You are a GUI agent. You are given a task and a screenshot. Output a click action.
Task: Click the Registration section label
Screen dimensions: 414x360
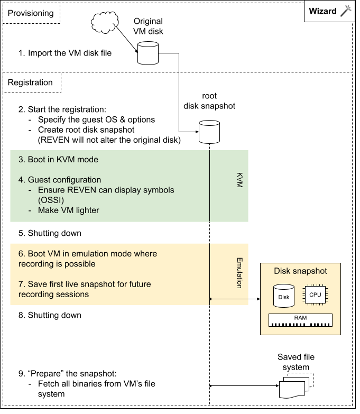pyautogui.click(x=30, y=82)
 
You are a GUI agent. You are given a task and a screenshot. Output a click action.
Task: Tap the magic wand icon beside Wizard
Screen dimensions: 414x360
pyautogui.click(x=346, y=11)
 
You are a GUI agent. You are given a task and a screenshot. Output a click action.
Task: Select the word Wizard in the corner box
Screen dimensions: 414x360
pyautogui.click(x=322, y=11)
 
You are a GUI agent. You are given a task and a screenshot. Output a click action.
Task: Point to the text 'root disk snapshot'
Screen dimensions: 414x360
pyautogui.click(x=209, y=101)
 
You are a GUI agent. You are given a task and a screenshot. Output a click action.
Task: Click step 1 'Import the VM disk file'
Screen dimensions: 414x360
pyautogui.click(x=64, y=53)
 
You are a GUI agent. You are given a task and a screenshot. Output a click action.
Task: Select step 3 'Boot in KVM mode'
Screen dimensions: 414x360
pyautogui.click(x=58, y=159)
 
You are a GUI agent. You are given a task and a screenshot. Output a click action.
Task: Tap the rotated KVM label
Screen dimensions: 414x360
pyautogui.click(x=239, y=180)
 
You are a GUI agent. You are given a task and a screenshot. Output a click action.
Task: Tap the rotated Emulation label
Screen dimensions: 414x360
pyautogui.click(x=239, y=273)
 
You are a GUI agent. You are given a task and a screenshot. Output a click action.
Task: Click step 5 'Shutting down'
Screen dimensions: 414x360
pyautogui.click(x=50, y=233)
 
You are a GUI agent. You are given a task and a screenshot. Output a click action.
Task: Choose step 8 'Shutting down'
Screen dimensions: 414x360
pyautogui.click(x=50, y=315)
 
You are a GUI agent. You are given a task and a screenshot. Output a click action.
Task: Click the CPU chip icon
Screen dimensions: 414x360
pyautogui.click(x=315, y=295)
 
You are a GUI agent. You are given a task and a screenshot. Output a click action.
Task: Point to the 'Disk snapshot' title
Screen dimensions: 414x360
pyautogui.click(x=300, y=271)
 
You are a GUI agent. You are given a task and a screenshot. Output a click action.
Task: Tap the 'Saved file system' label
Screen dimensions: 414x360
pyautogui.click(x=296, y=362)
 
